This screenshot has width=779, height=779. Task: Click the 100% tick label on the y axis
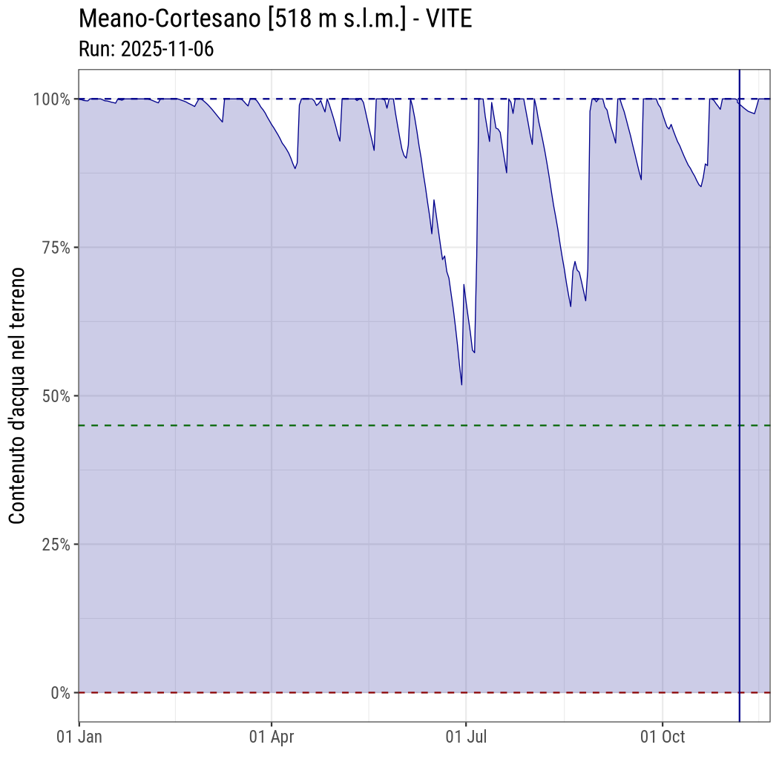tap(51, 99)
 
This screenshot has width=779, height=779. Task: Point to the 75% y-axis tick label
tap(55, 247)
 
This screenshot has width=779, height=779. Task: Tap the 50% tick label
tap(55, 395)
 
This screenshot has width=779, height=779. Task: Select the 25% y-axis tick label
tap(55, 544)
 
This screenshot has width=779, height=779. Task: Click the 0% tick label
tap(59, 693)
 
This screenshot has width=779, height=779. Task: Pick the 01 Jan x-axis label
tap(79, 737)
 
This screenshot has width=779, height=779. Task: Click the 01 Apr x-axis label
tap(272, 737)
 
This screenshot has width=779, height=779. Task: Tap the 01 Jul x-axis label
tap(466, 737)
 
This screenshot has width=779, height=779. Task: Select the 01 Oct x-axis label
tap(663, 737)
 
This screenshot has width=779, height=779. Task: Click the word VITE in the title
tap(449, 19)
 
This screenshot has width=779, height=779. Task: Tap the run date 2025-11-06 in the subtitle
tap(167, 49)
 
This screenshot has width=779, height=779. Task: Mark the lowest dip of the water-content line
tap(461, 384)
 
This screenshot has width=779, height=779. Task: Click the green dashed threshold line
tap(371, 425)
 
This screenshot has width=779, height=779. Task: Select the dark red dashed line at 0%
tap(371, 693)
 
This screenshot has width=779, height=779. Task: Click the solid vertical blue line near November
tap(740, 445)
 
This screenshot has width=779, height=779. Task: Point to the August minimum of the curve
tap(571, 306)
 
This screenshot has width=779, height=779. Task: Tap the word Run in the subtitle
tap(95, 49)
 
